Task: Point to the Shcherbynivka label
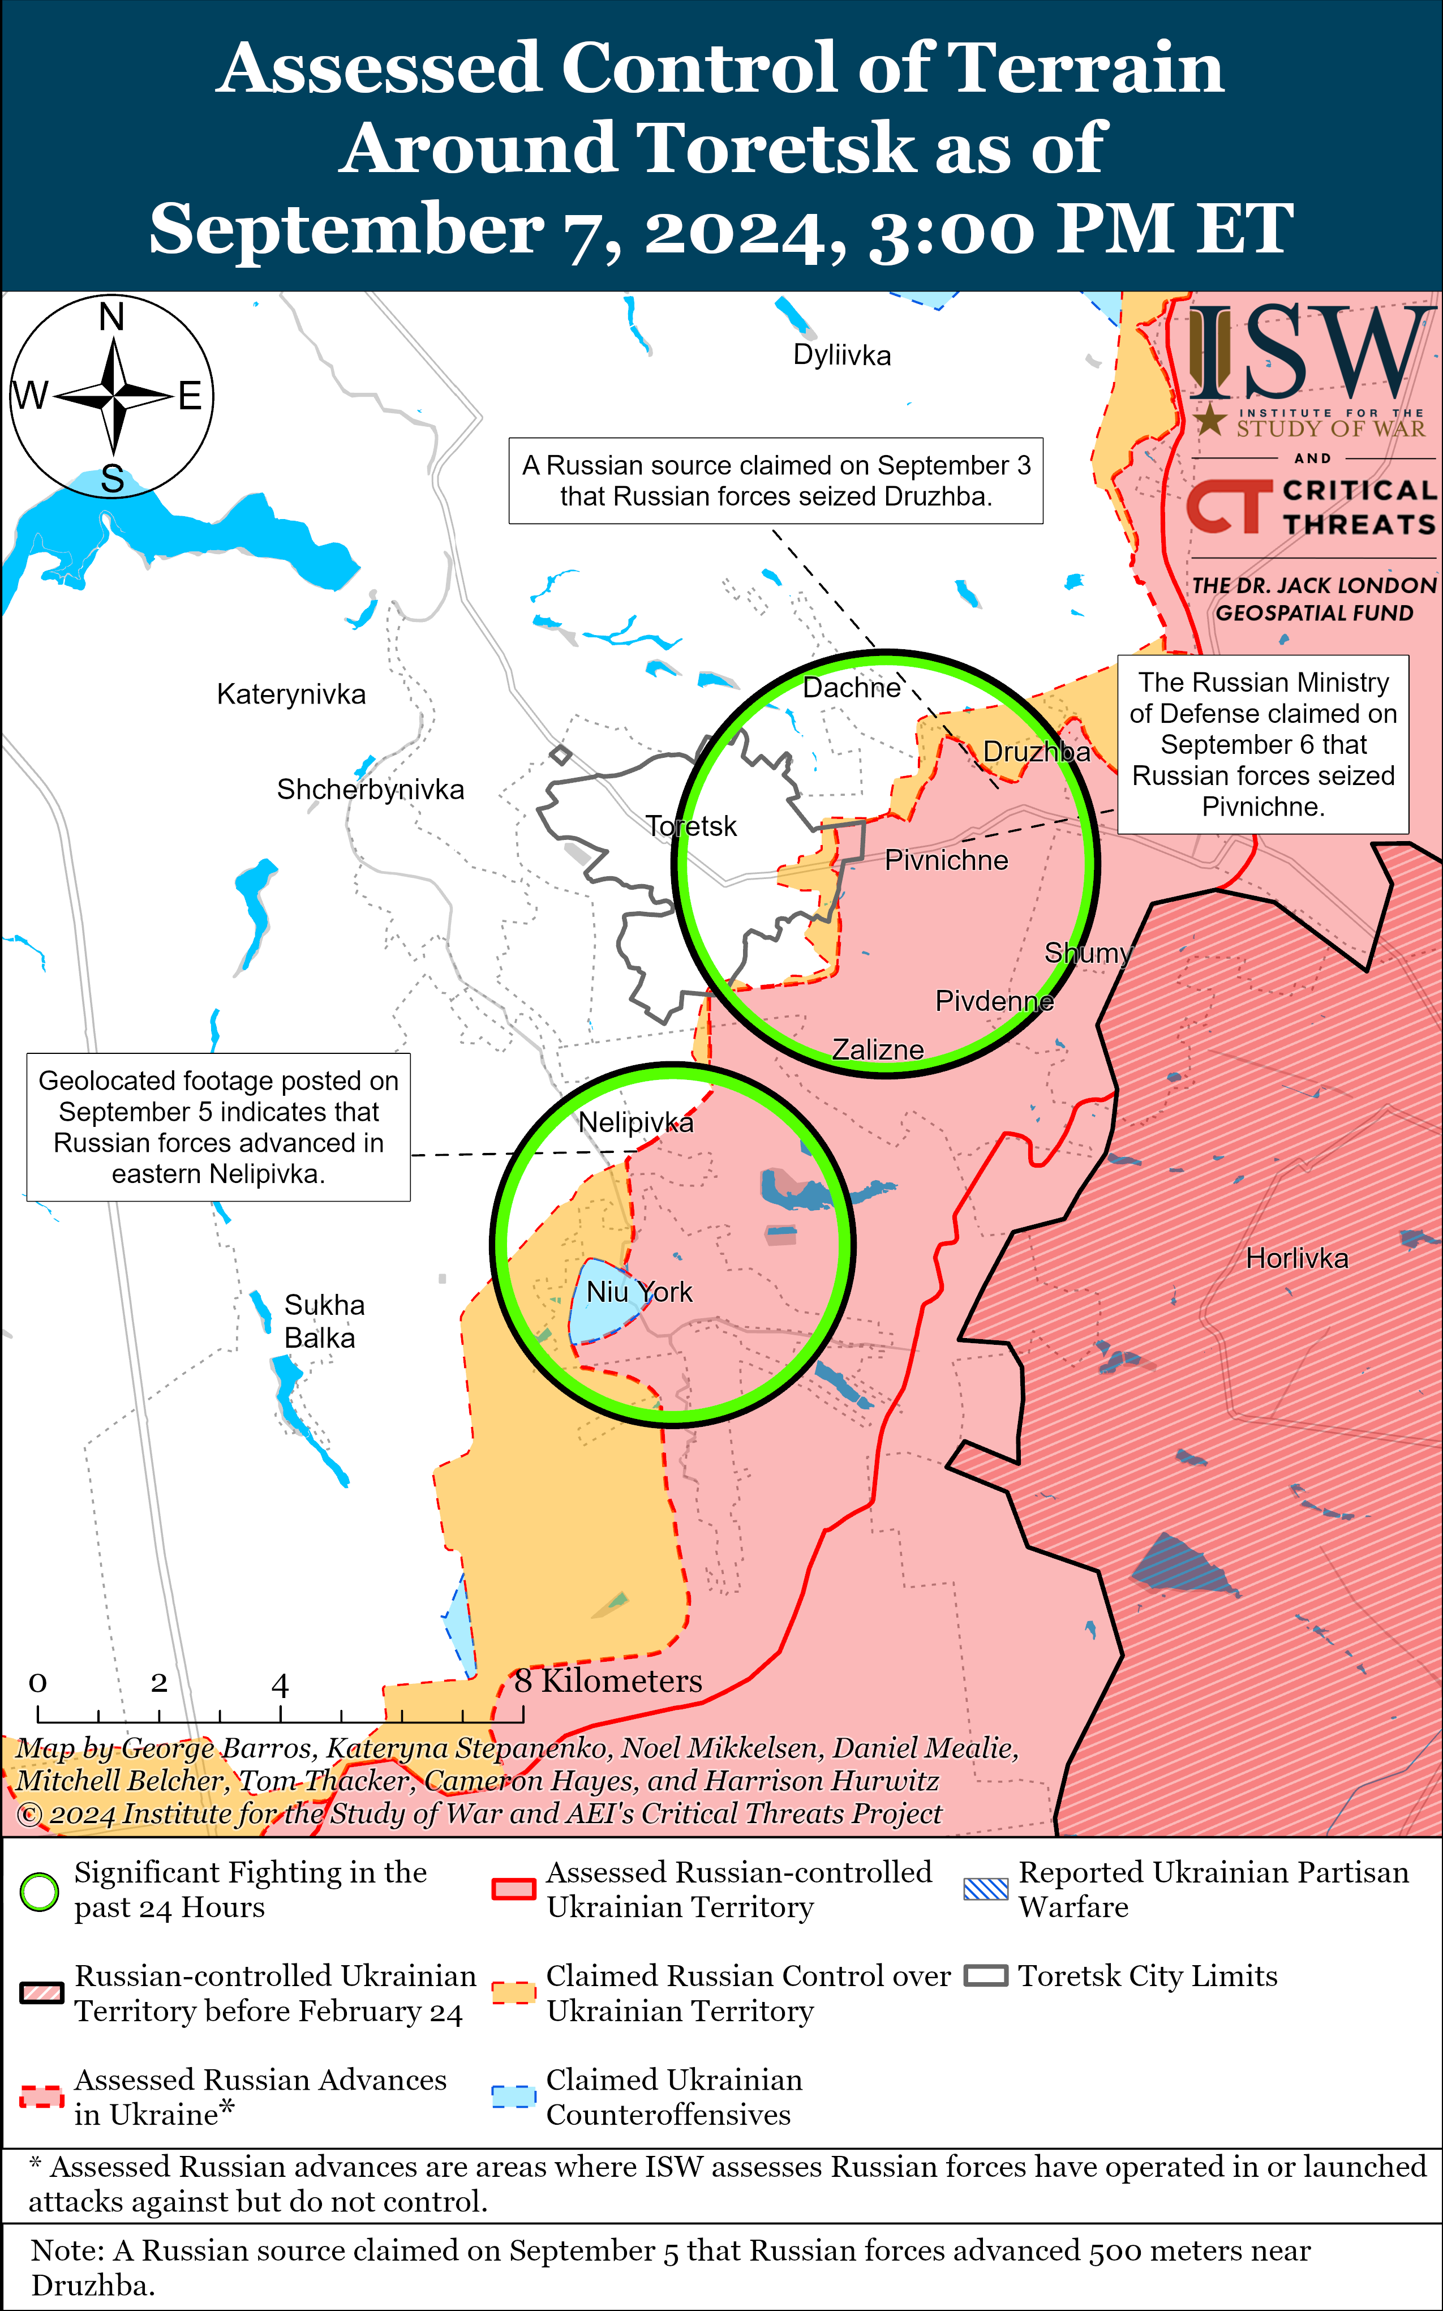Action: [x=370, y=790]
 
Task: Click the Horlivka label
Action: [x=1297, y=1258]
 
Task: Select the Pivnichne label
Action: [x=946, y=860]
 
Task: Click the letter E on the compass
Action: [x=190, y=395]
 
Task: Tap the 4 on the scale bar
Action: [x=280, y=1685]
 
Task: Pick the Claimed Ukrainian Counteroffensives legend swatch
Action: [x=513, y=2096]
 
